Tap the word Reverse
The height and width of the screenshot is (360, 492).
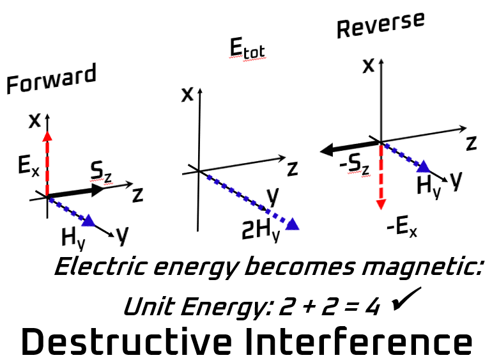point(380,24)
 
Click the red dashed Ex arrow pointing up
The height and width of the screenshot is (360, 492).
point(47,160)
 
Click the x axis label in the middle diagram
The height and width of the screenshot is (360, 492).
point(187,95)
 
